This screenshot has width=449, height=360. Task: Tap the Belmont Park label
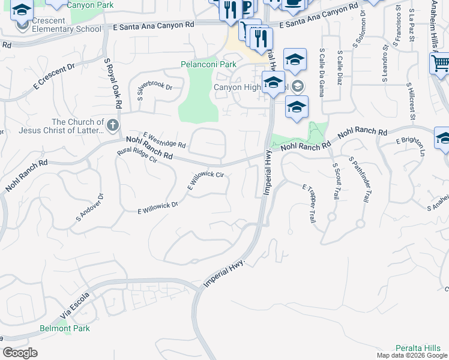[64, 328]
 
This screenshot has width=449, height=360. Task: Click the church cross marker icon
[113, 125]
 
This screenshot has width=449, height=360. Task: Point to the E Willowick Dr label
[158, 208]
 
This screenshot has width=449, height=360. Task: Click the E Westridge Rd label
[164, 140]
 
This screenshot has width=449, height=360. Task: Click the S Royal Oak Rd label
[113, 83]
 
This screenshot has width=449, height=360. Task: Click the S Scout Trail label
[334, 181]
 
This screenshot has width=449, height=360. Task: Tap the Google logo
[20, 352]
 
